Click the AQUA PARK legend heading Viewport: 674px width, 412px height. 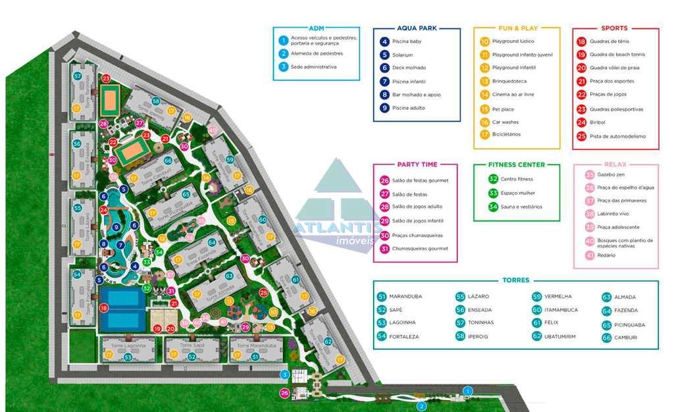(417, 28)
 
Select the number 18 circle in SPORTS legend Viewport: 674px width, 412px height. (581, 41)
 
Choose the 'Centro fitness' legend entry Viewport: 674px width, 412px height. (517, 179)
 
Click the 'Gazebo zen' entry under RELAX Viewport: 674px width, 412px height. (611, 174)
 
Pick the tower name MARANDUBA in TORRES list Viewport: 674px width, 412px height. (405, 297)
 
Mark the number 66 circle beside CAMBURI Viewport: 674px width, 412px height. (606, 338)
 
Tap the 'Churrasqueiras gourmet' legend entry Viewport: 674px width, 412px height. (420, 249)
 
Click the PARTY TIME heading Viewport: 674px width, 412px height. (417, 165)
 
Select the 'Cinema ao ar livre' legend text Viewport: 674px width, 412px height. (513, 95)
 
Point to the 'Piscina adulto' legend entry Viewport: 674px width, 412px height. (409, 108)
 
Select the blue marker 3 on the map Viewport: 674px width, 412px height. (284, 374)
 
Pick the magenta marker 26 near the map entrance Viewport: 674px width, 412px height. (284, 393)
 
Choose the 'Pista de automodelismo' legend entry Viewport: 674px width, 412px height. (619, 136)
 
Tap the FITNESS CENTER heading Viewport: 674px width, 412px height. (516, 165)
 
